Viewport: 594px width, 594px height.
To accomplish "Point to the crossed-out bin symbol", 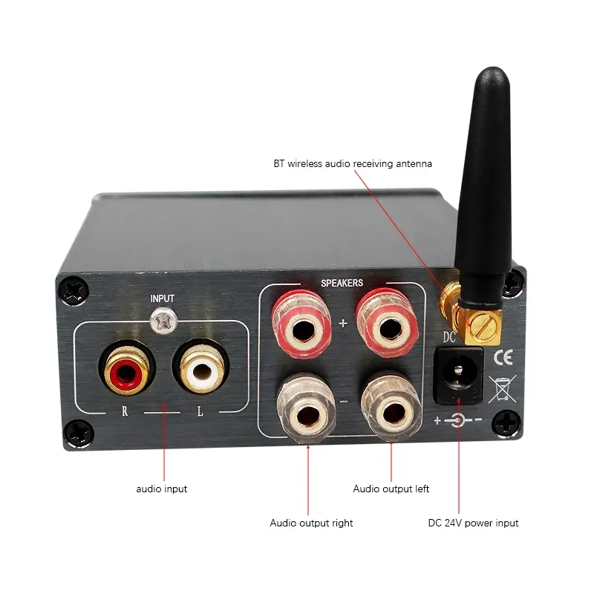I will tap(499, 389).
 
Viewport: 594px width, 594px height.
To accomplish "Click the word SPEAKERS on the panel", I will tap(342, 283).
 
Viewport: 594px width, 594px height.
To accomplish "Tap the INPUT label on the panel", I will tap(163, 298).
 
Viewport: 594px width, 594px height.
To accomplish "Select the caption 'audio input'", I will tap(162, 489).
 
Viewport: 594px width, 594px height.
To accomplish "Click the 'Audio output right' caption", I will tap(311, 523).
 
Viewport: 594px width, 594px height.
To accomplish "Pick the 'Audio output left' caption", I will tap(391, 489).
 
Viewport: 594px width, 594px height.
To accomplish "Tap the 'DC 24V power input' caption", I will tap(473, 523).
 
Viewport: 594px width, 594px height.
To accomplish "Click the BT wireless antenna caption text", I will tap(352, 163).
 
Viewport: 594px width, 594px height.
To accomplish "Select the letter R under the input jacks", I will tap(126, 411).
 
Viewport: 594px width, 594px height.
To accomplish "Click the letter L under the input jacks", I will tap(199, 411).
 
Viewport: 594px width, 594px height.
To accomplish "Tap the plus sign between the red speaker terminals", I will tap(342, 324).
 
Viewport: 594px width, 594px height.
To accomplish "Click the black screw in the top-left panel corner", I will tap(74, 290).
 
